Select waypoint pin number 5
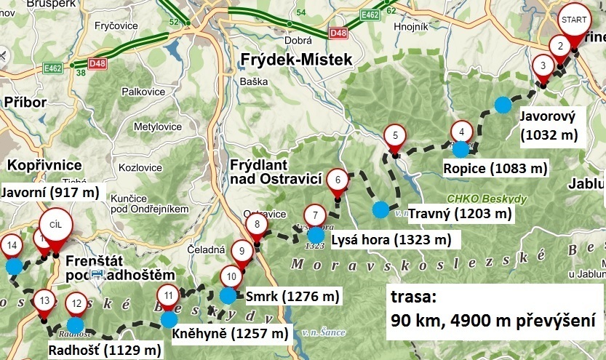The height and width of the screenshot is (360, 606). click(x=394, y=135)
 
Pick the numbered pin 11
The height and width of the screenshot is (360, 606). click(x=168, y=296)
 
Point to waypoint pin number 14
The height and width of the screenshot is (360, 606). click(x=10, y=246)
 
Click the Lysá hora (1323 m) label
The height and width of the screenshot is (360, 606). click(x=391, y=239)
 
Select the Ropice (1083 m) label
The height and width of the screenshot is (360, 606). click(x=495, y=169)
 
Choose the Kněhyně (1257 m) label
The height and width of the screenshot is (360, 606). click(x=229, y=334)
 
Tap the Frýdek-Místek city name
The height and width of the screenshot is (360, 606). click(x=298, y=59)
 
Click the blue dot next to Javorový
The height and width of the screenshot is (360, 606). click(x=502, y=105)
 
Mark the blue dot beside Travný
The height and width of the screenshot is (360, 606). click(x=380, y=210)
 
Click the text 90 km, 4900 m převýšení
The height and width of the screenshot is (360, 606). click(x=493, y=321)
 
